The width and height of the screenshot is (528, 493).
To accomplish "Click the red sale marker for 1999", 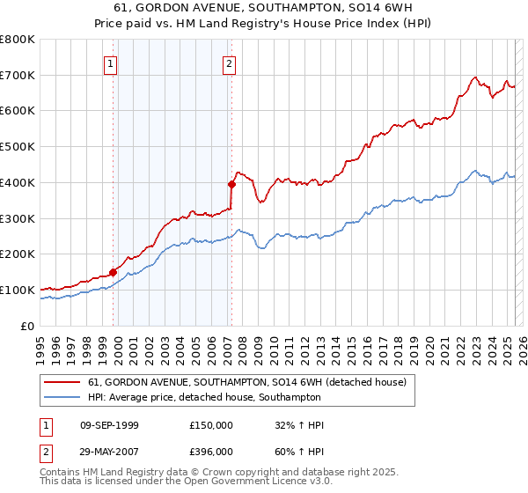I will pyautogui.click(x=114, y=272).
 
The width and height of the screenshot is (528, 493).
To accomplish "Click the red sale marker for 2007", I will pyautogui.click(x=232, y=184).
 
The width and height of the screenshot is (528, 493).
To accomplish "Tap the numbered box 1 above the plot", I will pyautogui.click(x=110, y=63).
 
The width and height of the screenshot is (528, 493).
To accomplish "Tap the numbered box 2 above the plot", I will pyautogui.click(x=229, y=63).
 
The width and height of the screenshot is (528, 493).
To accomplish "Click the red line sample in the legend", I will pyautogui.click(x=62, y=382).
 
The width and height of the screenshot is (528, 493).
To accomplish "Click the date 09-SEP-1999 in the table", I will pyautogui.click(x=109, y=425).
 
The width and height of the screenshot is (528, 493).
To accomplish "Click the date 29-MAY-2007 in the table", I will pyautogui.click(x=109, y=451).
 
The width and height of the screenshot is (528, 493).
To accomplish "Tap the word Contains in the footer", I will pyautogui.click(x=61, y=472).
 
